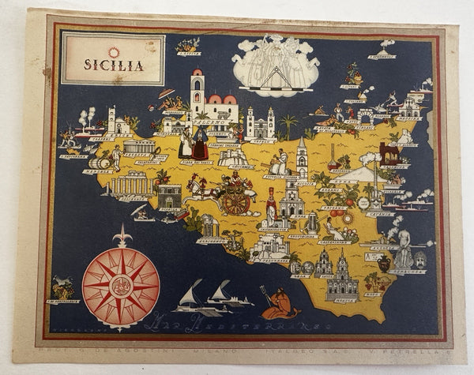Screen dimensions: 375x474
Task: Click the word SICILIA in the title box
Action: tap(115, 66)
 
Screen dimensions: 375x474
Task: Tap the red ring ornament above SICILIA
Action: tap(114, 52)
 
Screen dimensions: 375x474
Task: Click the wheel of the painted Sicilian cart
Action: tap(235, 202)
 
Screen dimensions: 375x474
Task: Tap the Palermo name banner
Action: tap(207, 123)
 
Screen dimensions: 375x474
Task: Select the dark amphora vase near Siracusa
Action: tap(384, 264)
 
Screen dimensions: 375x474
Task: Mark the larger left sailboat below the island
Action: tap(190, 298)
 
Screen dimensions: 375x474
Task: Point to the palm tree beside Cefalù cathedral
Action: tap(289, 123)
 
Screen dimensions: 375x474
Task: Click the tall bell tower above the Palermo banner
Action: tap(196, 91)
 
